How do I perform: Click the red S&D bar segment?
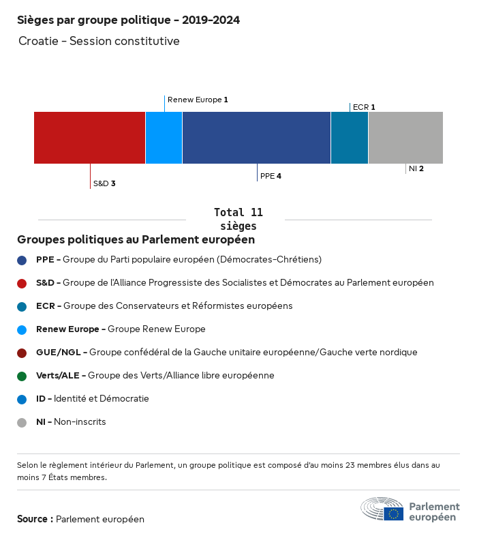[89, 138]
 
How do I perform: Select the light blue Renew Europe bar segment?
[164, 138]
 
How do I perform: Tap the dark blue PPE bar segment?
[256, 138]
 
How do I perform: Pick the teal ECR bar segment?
[350, 138]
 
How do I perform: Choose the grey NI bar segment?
[405, 138]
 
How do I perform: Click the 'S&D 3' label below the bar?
[104, 183]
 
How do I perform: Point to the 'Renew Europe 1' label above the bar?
[198, 100]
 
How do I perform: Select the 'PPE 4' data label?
[271, 176]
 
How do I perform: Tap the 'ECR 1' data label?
[364, 107]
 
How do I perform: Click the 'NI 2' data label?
[416, 168]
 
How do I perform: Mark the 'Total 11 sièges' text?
[238, 219]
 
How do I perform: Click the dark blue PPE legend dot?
[22, 260]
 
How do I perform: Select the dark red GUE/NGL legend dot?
[22, 353]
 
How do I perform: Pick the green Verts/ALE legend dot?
[22, 376]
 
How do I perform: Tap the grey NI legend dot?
[22, 422]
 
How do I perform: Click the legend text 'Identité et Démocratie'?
[102, 398]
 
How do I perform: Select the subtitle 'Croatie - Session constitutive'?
[99, 41]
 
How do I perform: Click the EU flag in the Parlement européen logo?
[393, 513]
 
